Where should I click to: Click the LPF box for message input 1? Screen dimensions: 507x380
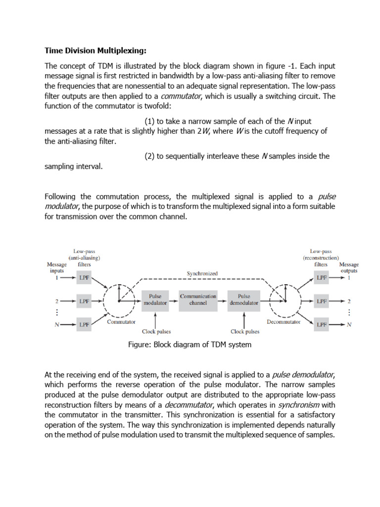point(84,278)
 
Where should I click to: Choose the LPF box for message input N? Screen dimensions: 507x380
point(84,325)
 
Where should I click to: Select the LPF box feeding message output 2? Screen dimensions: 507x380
point(322,301)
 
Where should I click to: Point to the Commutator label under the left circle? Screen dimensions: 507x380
point(121,322)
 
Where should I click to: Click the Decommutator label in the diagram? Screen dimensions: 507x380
point(284,322)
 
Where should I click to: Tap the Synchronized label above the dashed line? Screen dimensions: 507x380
point(202,273)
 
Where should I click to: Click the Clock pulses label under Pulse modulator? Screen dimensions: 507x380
point(156,332)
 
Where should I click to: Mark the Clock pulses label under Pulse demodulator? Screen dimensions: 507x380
point(245,332)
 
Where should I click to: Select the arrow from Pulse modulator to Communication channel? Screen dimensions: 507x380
point(173,300)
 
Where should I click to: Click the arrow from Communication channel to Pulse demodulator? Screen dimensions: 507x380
point(222,300)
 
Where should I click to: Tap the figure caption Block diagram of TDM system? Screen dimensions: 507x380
point(190,345)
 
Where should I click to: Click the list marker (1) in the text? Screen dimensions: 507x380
point(149,122)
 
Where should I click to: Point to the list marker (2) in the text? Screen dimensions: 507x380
point(149,156)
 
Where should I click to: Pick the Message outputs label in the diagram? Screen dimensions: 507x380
point(349,268)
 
